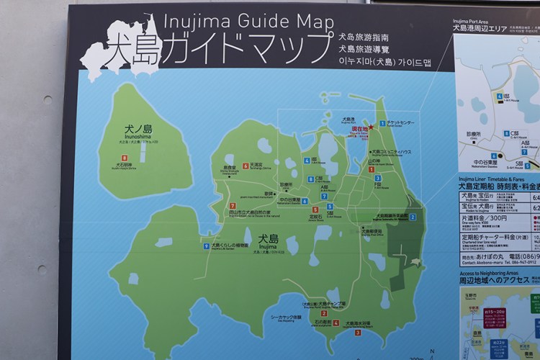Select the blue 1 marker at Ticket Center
tap(382, 123)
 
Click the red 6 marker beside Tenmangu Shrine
tap(246, 166)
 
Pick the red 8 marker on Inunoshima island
tap(125, 158)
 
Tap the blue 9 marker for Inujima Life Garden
tap(206, 246)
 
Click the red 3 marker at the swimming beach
tap(358, 332)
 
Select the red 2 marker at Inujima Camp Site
tap(324, 312)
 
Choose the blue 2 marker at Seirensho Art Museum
tap(413, 217)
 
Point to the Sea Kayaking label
tap(285, 317)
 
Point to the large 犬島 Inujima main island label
tap(269, 239)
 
